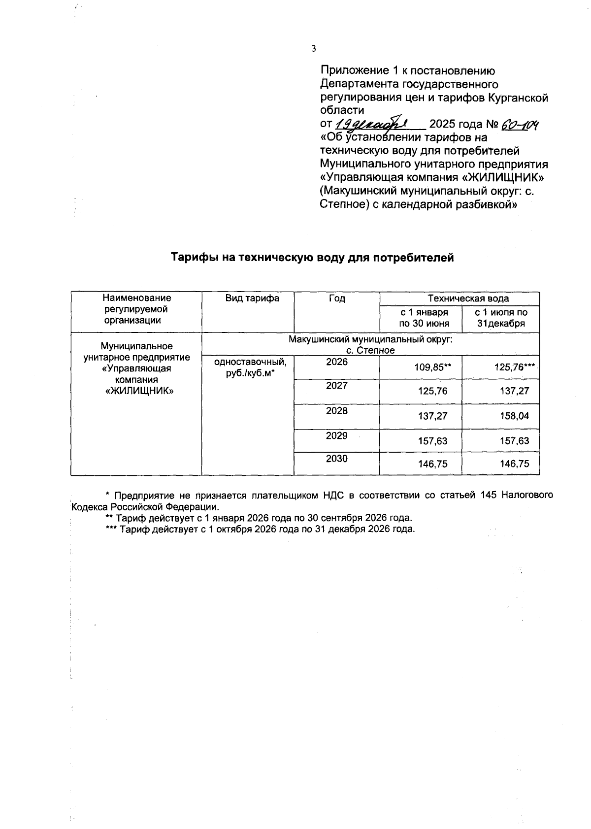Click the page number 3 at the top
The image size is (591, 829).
313,48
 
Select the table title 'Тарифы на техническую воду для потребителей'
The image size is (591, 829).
312,257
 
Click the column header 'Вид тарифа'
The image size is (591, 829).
252,298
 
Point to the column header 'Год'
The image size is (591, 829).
337,298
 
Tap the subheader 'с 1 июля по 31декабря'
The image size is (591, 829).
501,318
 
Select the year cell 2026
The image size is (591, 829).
337,362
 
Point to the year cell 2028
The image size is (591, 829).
337,411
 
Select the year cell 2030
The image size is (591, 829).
337,459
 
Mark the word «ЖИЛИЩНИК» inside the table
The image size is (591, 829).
137,391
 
